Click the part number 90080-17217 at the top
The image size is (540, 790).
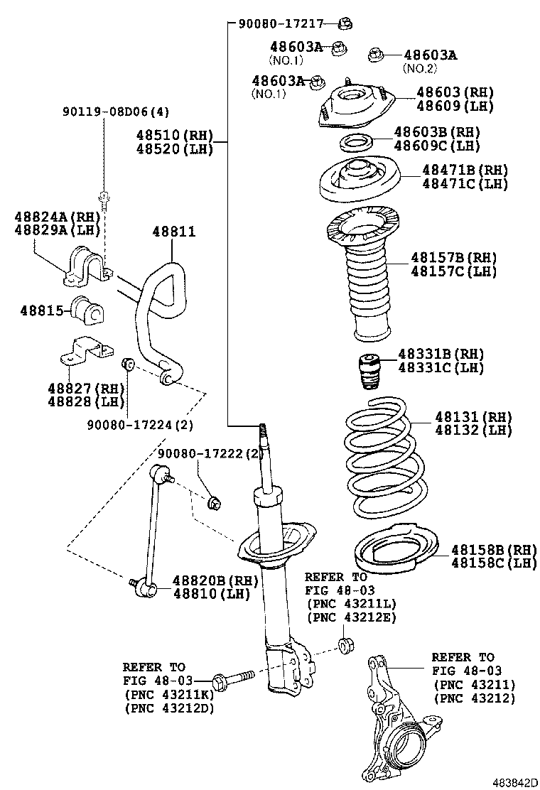pyautogui.click(x=281, y=23)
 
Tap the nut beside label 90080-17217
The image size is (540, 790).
pyautogui.click(x=345, y=23)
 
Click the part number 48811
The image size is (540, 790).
pyautogui.click(x=174, y=232)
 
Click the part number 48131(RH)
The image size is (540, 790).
pyautogui.click(x=473, y=417)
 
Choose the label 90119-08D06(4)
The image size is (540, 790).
pyautogui.click(x=116, y=112)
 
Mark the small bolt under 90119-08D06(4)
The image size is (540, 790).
pyautogui.click(x=104, y=200)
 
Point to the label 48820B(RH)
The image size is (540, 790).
pyautogui.click(x=215, y=580)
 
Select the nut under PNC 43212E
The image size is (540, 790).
pyautogui.click(x=345, y=645)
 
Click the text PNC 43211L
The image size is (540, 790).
pyautogui.click(x=352, y=604)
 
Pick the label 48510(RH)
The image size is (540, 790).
pyautogui.click(x=174, y=135)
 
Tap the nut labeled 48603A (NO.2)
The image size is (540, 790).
pyautogui.click(x=374, y=54)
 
